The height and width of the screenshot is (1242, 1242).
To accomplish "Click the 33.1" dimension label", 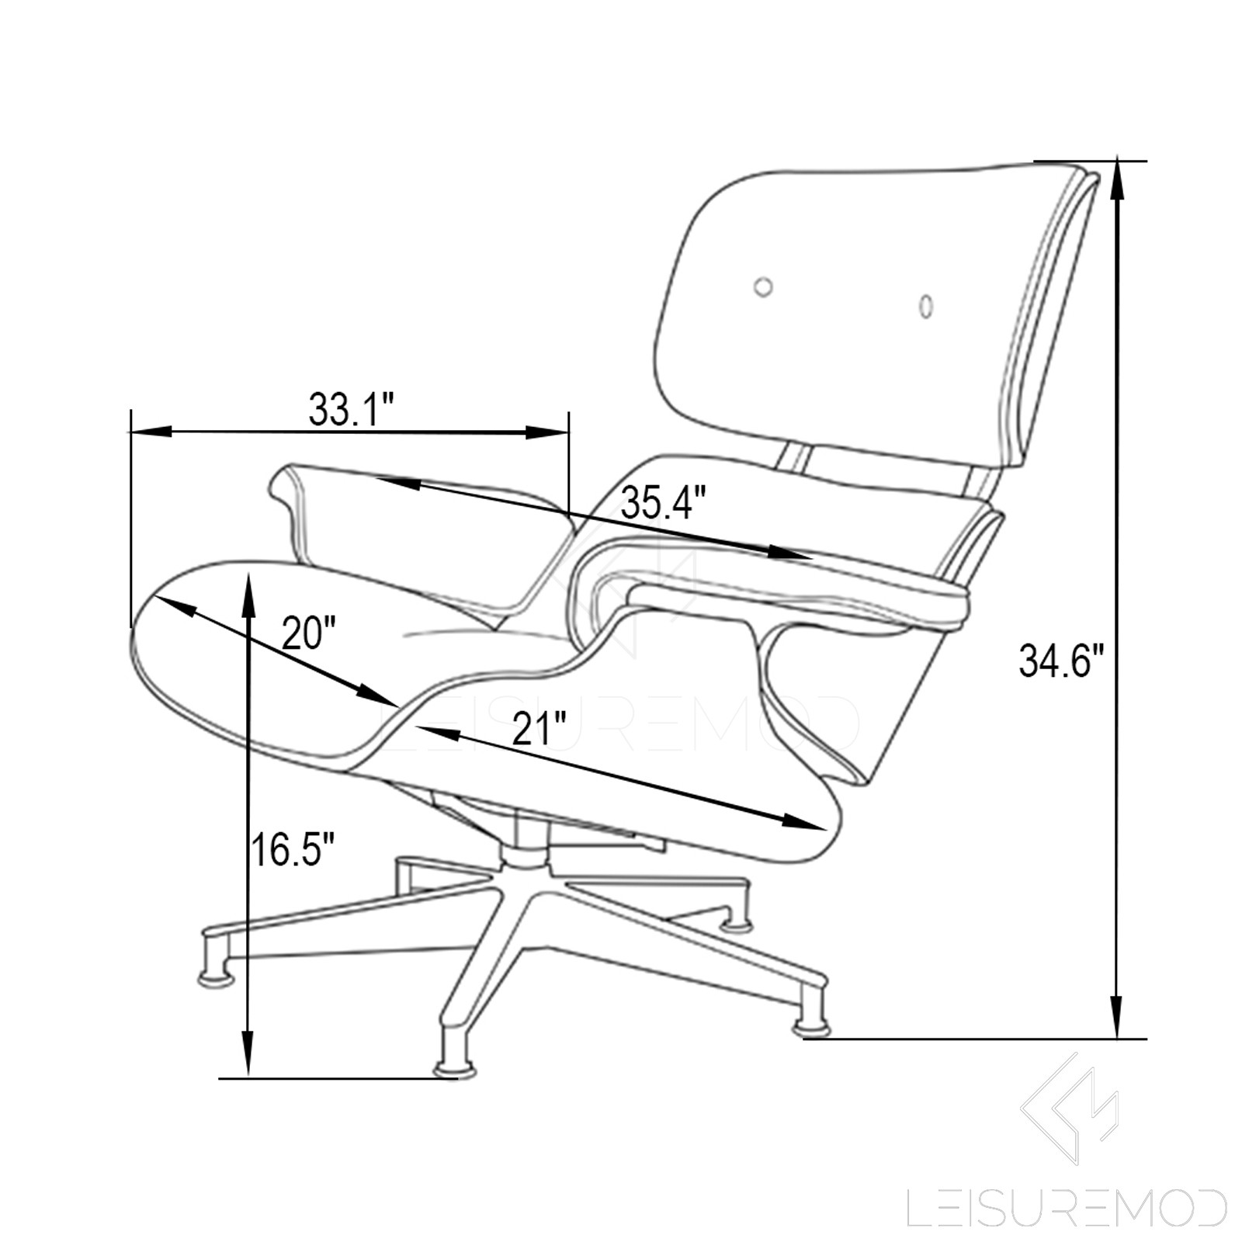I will (352, 409).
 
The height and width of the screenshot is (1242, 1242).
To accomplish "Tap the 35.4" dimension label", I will (664, 504).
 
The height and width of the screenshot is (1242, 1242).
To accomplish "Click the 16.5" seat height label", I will (293, 850).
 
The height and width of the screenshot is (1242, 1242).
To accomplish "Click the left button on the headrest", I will (764, 286).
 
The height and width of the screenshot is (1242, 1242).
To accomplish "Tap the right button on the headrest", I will (925, 305).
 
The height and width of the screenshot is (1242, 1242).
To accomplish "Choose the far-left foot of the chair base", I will (216, 977).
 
